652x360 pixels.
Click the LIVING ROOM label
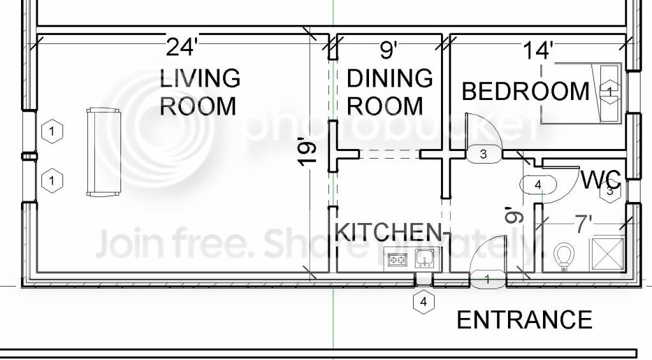(x=199, y=92)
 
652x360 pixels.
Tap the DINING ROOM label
(x=389, y=92)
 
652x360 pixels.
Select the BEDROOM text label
(x=525, y=91)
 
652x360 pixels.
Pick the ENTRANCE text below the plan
(x=524, y=319)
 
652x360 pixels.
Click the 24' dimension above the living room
(x=181, y=47)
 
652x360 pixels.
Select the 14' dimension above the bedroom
(x=537, y=50)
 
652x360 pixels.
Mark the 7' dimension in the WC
(x=584, y=224)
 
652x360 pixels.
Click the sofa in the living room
(x=103, y=151)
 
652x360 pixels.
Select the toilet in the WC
(x=563, y=257)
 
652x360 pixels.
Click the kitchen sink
(x=424, y=259)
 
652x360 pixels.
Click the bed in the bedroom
(x=580, y=93)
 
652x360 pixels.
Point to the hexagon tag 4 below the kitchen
(x=424, y=302)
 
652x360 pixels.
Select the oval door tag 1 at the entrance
(x=488, y=279)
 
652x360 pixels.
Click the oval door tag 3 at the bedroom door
(x=483, y=153)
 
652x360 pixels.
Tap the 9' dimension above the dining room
(x=389, y=49)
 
